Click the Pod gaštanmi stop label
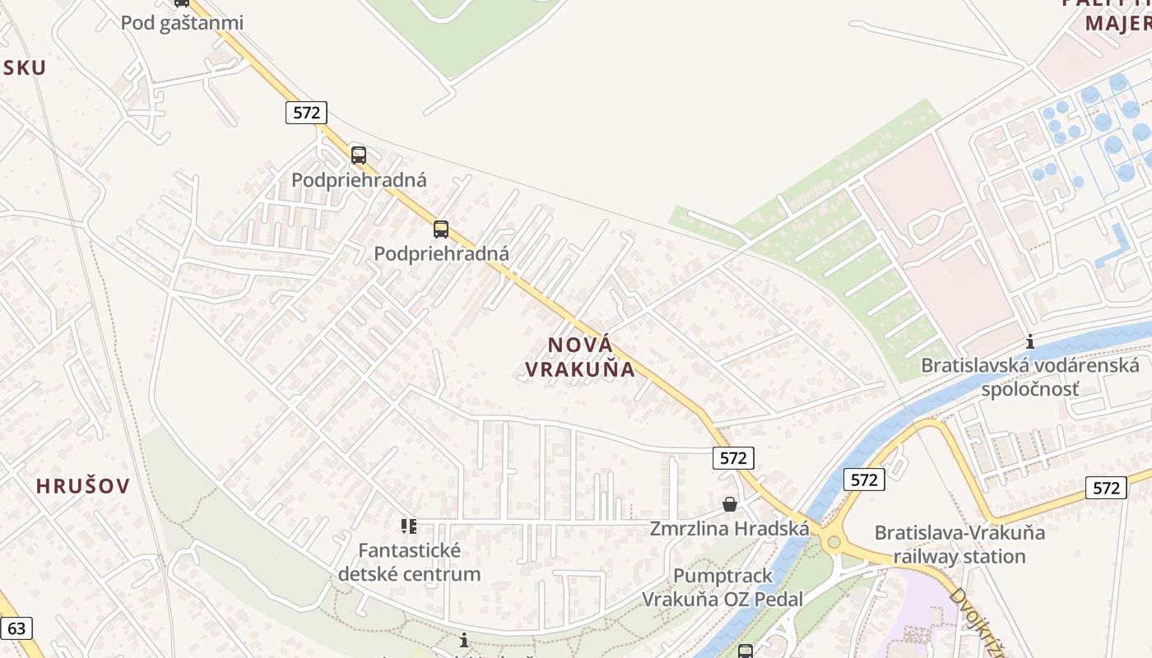point(182,22)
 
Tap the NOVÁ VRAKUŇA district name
point(580,357)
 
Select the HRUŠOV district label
point(83,485)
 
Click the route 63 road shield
point(16,629)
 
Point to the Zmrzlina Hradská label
point(729,528)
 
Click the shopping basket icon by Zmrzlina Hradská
point(729,504)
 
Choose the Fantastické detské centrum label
point(409,561)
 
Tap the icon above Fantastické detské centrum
point(409,526)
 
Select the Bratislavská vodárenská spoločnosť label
point(1029,376)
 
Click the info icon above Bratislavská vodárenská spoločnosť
point(1029,342)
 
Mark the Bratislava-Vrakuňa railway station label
point(959,544)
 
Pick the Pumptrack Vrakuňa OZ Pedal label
point(722,587)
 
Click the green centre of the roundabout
point(834,542)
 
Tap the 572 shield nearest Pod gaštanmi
point(306,112)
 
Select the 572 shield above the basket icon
point(732,458)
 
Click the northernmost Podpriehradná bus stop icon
point(359,155)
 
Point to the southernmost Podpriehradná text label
point(441,254)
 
